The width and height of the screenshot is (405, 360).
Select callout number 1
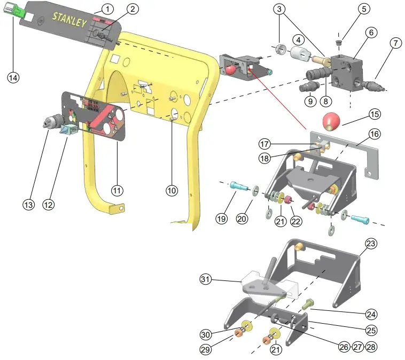point(107,9)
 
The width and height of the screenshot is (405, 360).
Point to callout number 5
point(364,9)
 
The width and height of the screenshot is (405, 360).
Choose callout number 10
point(171,190)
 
